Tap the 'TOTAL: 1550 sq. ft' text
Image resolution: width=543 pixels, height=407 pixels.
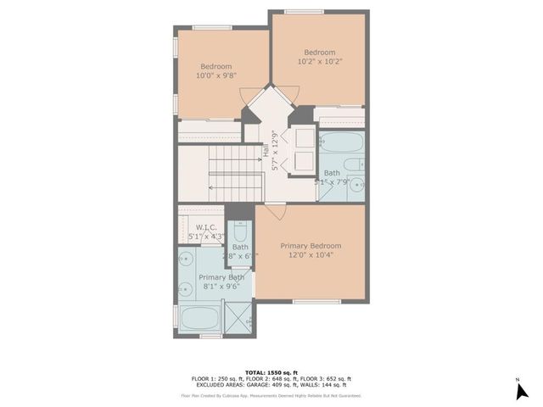pyautogui.click(x=271, y=372)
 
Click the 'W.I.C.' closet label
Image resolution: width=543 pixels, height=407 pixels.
pyautogui.click(x=206, y=227)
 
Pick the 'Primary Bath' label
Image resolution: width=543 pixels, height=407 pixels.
pyautogui.click(x=221, y=277)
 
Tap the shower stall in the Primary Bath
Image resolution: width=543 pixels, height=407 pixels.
pyautogui.click(x=238, y=318)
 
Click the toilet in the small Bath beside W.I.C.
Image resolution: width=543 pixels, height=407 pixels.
pyautogui.click(x=240, y=231)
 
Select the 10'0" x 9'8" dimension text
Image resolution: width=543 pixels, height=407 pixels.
pyautogui.click(x=217, y=75)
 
